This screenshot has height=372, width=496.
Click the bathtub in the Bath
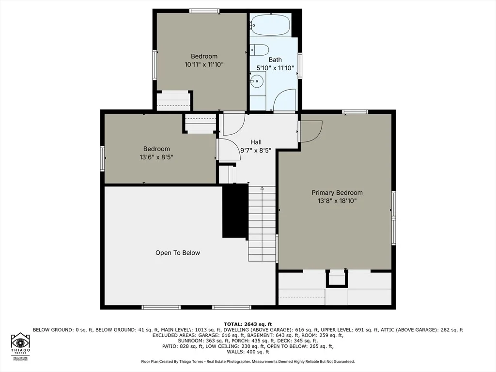click(x=271, y=25)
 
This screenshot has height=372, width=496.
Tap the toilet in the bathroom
click(x=260, y=50)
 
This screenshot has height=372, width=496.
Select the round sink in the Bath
click(x=257, y=81)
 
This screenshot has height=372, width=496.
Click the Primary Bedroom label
click(x=337, y=192)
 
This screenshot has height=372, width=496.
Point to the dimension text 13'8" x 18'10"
click(x=337, y=201)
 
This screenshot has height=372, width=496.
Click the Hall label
click(x=256, y=142)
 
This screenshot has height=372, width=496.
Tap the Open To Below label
click(x=178, y=253)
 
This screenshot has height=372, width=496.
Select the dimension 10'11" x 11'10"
click(x=204, y=64)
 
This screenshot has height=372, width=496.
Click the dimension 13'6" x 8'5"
click(x=156, y=157)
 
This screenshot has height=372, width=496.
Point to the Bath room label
click(x=275, y=60)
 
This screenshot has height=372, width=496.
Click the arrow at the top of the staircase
click(x=262, y=188)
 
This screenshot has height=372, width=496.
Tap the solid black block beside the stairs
click(x=235, y=211)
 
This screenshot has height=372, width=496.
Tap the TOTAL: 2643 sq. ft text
click(x=248, y=324)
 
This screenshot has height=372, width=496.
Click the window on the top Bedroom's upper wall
click(x=204, y=11)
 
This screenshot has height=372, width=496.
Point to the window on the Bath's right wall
click(x=300, y=66)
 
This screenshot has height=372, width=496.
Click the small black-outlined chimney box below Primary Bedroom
click(x=337, y=279)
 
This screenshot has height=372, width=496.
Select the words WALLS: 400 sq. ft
click(x=248, y=352)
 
